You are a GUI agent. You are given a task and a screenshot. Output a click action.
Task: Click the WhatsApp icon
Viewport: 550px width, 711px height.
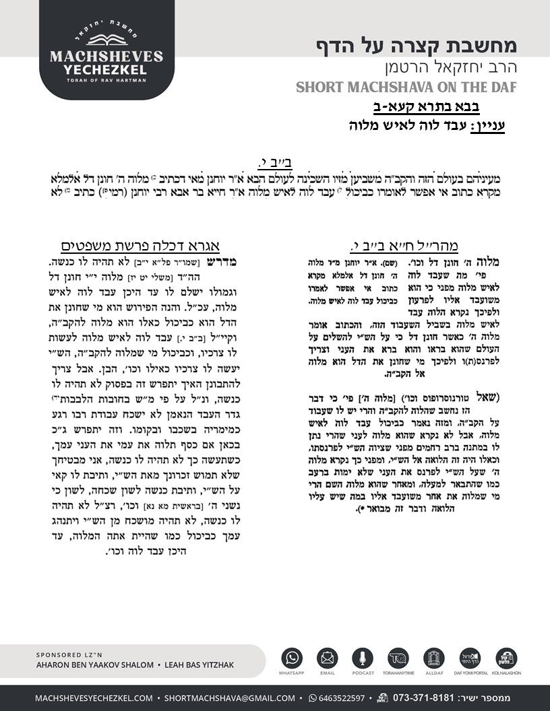click(293, 658)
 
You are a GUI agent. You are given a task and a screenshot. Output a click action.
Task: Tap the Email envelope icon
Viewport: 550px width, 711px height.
click(327, 658)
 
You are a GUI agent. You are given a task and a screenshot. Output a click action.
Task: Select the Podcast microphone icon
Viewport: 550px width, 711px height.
click(363, 658)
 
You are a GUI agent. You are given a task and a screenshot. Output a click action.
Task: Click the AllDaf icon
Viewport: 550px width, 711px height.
click(433, 658)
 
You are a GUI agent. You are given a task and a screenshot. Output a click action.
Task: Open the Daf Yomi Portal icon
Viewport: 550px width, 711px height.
click(468, 658)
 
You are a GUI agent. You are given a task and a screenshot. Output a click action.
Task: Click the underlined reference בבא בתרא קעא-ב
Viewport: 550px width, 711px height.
click(426, 107)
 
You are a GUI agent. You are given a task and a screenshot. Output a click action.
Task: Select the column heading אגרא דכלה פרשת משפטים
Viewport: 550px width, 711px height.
click(137, 246)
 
